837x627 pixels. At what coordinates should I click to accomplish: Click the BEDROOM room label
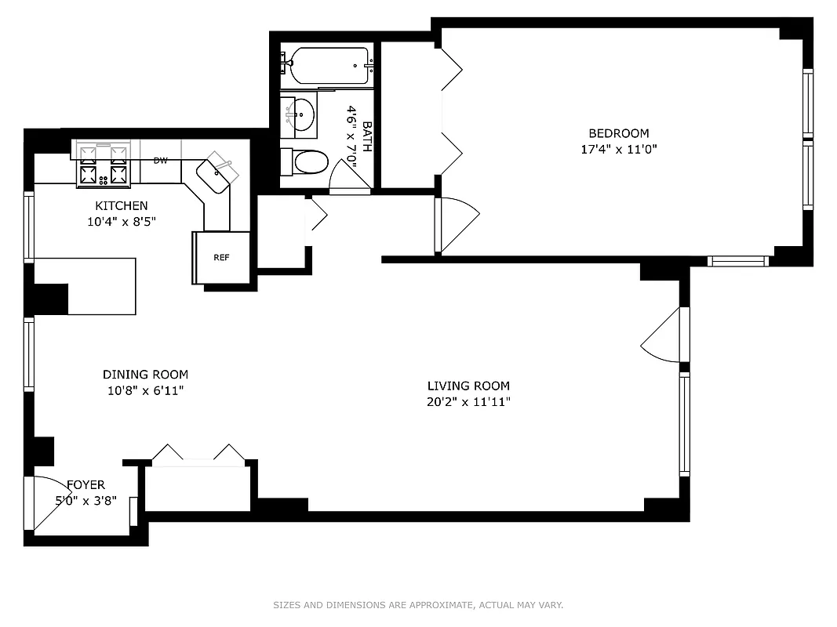(x=619, y=133)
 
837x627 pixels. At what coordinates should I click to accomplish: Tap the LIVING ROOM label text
(x=468, y=386)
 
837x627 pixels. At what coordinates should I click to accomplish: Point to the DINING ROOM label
(x=145, y=375)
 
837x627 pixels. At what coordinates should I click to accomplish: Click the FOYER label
(x=86, y=484)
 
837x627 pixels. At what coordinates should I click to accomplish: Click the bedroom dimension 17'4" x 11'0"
(x=619, y=149)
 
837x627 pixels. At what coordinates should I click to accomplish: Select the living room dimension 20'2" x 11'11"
(x=468, y=402)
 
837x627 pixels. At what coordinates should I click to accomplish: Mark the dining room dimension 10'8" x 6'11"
(x=145, y=390)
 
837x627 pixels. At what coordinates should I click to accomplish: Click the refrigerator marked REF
(x=222, y=258)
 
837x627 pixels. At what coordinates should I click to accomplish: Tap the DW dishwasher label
(x=161, y=161)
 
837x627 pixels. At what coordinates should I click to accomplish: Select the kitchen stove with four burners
(x=102, y=165)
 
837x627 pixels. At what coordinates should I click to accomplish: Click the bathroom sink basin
(x=300, y=116)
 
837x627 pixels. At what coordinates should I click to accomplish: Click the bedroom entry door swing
(x=457, y=225)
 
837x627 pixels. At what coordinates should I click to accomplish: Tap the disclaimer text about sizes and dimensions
(x=418, y=605)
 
